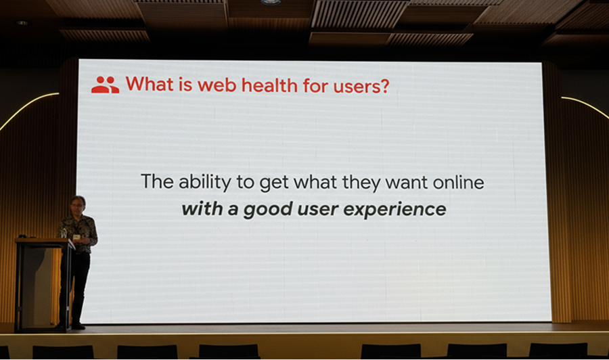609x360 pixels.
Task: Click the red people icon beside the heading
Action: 106,85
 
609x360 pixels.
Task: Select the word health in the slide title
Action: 269,85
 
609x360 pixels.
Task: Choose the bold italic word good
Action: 267,210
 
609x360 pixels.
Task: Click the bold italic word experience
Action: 394,210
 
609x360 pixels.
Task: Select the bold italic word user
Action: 318,210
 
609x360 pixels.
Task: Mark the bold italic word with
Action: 202,209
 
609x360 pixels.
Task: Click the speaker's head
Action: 78,205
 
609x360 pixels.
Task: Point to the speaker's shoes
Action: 73,325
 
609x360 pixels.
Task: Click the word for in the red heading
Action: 315,85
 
